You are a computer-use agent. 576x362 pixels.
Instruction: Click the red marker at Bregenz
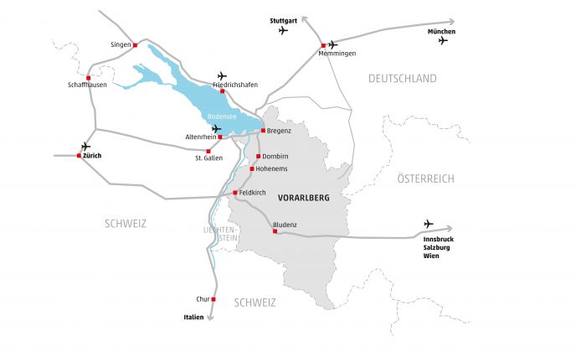point(263,131)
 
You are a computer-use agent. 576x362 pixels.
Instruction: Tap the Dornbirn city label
point(276,157)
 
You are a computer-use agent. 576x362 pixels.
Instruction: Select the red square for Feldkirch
point(234,193)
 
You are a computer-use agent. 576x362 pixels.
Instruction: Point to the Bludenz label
point(287,224)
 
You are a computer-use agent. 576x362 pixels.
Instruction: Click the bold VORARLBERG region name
point(303,199)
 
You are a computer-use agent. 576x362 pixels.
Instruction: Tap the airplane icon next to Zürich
point(85,146)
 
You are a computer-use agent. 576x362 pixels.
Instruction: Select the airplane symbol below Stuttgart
point(282,30)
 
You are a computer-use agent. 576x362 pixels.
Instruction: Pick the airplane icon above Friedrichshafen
point(222,75)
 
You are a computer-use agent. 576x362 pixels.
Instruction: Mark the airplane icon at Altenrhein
point(218,128)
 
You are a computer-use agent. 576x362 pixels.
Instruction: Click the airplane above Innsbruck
point(429,224)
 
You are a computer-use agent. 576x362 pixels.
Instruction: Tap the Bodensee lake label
point(222,118)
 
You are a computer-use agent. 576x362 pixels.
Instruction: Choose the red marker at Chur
point(213,299)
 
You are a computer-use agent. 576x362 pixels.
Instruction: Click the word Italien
point(193,317)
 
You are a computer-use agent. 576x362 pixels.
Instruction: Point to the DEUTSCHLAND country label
point(403,79)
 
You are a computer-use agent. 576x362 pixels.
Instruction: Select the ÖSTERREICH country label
point(424,178)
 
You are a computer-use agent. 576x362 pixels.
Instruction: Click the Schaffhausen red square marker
point(88,78)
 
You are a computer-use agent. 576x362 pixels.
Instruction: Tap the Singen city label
point(121,44)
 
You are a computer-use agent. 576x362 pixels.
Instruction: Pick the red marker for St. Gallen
point(208,151)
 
